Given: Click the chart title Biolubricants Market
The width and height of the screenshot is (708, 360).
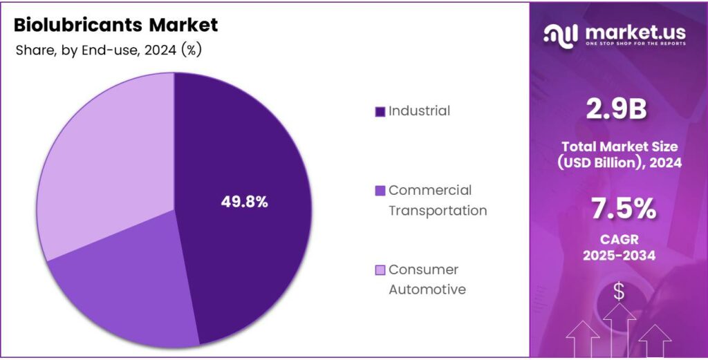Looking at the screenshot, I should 116,26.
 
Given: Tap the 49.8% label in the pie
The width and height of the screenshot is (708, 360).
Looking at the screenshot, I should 244,202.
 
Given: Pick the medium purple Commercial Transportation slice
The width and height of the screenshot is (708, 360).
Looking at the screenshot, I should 118,290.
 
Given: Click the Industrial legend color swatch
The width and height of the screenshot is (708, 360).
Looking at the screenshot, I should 380,111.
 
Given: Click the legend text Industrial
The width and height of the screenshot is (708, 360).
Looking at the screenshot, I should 419,111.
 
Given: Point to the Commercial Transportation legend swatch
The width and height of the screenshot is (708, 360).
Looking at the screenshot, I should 380,191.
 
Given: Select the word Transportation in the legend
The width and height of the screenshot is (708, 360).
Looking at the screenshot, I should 437,211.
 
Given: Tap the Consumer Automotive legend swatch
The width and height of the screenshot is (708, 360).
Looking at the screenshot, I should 380,270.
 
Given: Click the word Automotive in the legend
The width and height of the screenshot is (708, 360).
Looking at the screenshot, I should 427,290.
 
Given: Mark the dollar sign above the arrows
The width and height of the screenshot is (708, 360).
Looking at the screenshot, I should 619,292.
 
